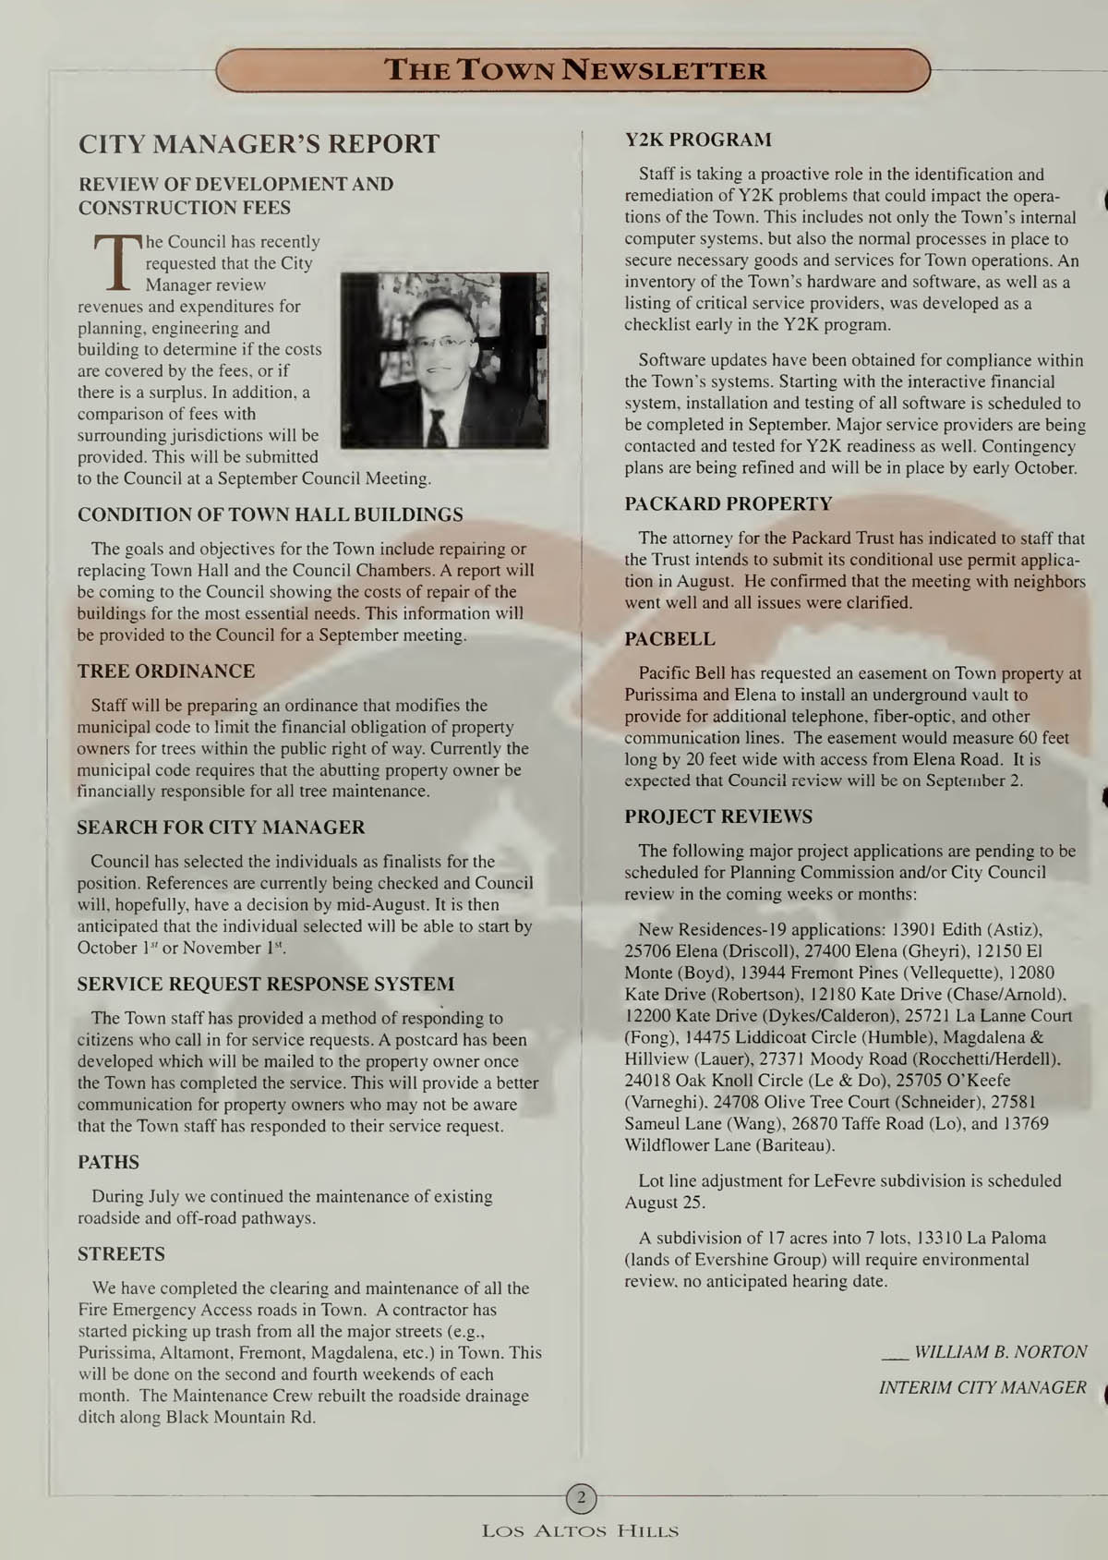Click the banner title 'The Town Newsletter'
click(x=574, y=70)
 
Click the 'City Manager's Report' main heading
click(x=259, y=144)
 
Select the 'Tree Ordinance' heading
click(x=166, y=671)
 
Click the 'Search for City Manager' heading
click(x=221, y=828)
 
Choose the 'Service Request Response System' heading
click(x=266, y=985)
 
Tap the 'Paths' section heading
click(x=108, y=1163)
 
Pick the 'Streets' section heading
click(x=121, y=1254)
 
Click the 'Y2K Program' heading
click(x=698, y=140)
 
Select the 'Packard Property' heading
click(x=728, y=504)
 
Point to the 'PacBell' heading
click(x=669, y=639)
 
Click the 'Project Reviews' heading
click(x=718, y=816)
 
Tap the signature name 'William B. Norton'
click(x=1000, y=1352)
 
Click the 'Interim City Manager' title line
click(x=982, y=1387)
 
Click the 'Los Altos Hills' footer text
click(x=580, y=1531)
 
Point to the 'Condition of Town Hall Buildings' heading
click(x=271, y=514)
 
